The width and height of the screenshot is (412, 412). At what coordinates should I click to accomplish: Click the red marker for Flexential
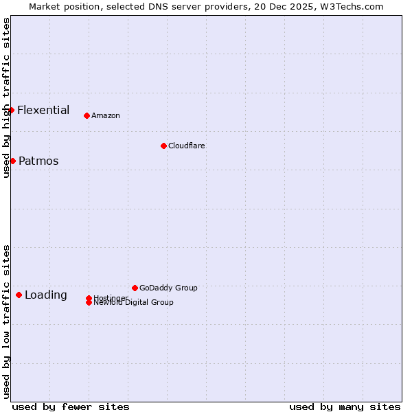[x=11, y=110]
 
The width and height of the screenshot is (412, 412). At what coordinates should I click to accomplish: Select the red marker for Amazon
[x=87, y=115]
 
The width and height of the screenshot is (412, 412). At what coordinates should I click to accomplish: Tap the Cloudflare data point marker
[x=163, y=146]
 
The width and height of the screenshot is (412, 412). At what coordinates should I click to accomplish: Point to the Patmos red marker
[x=12, y=161]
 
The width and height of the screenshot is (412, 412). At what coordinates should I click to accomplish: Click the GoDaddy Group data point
[x=135, y=288]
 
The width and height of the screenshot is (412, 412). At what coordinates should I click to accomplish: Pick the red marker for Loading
[x=19, y=295]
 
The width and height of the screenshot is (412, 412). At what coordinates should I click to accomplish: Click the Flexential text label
[x=43, y=110]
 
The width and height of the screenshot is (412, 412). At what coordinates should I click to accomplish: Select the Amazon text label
[x=105, y=115]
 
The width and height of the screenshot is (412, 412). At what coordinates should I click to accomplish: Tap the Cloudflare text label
[x=186, y=146]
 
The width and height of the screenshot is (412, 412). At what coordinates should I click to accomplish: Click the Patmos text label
[x=38, y=161]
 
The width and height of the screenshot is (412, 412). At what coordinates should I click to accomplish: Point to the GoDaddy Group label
[x=168, y=288]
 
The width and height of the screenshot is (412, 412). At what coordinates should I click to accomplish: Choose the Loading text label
[x=46, y=295]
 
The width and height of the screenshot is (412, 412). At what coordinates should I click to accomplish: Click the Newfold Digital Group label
[x=133, y=303]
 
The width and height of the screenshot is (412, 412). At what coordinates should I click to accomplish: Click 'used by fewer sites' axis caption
[x=71, y=407]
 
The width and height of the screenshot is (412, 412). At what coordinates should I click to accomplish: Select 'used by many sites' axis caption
[x=345, y=407]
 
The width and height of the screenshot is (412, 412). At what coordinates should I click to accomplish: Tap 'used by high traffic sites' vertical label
[x=6, y=98]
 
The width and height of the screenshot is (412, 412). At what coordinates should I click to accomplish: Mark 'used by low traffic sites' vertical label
[x=6, y=321]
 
